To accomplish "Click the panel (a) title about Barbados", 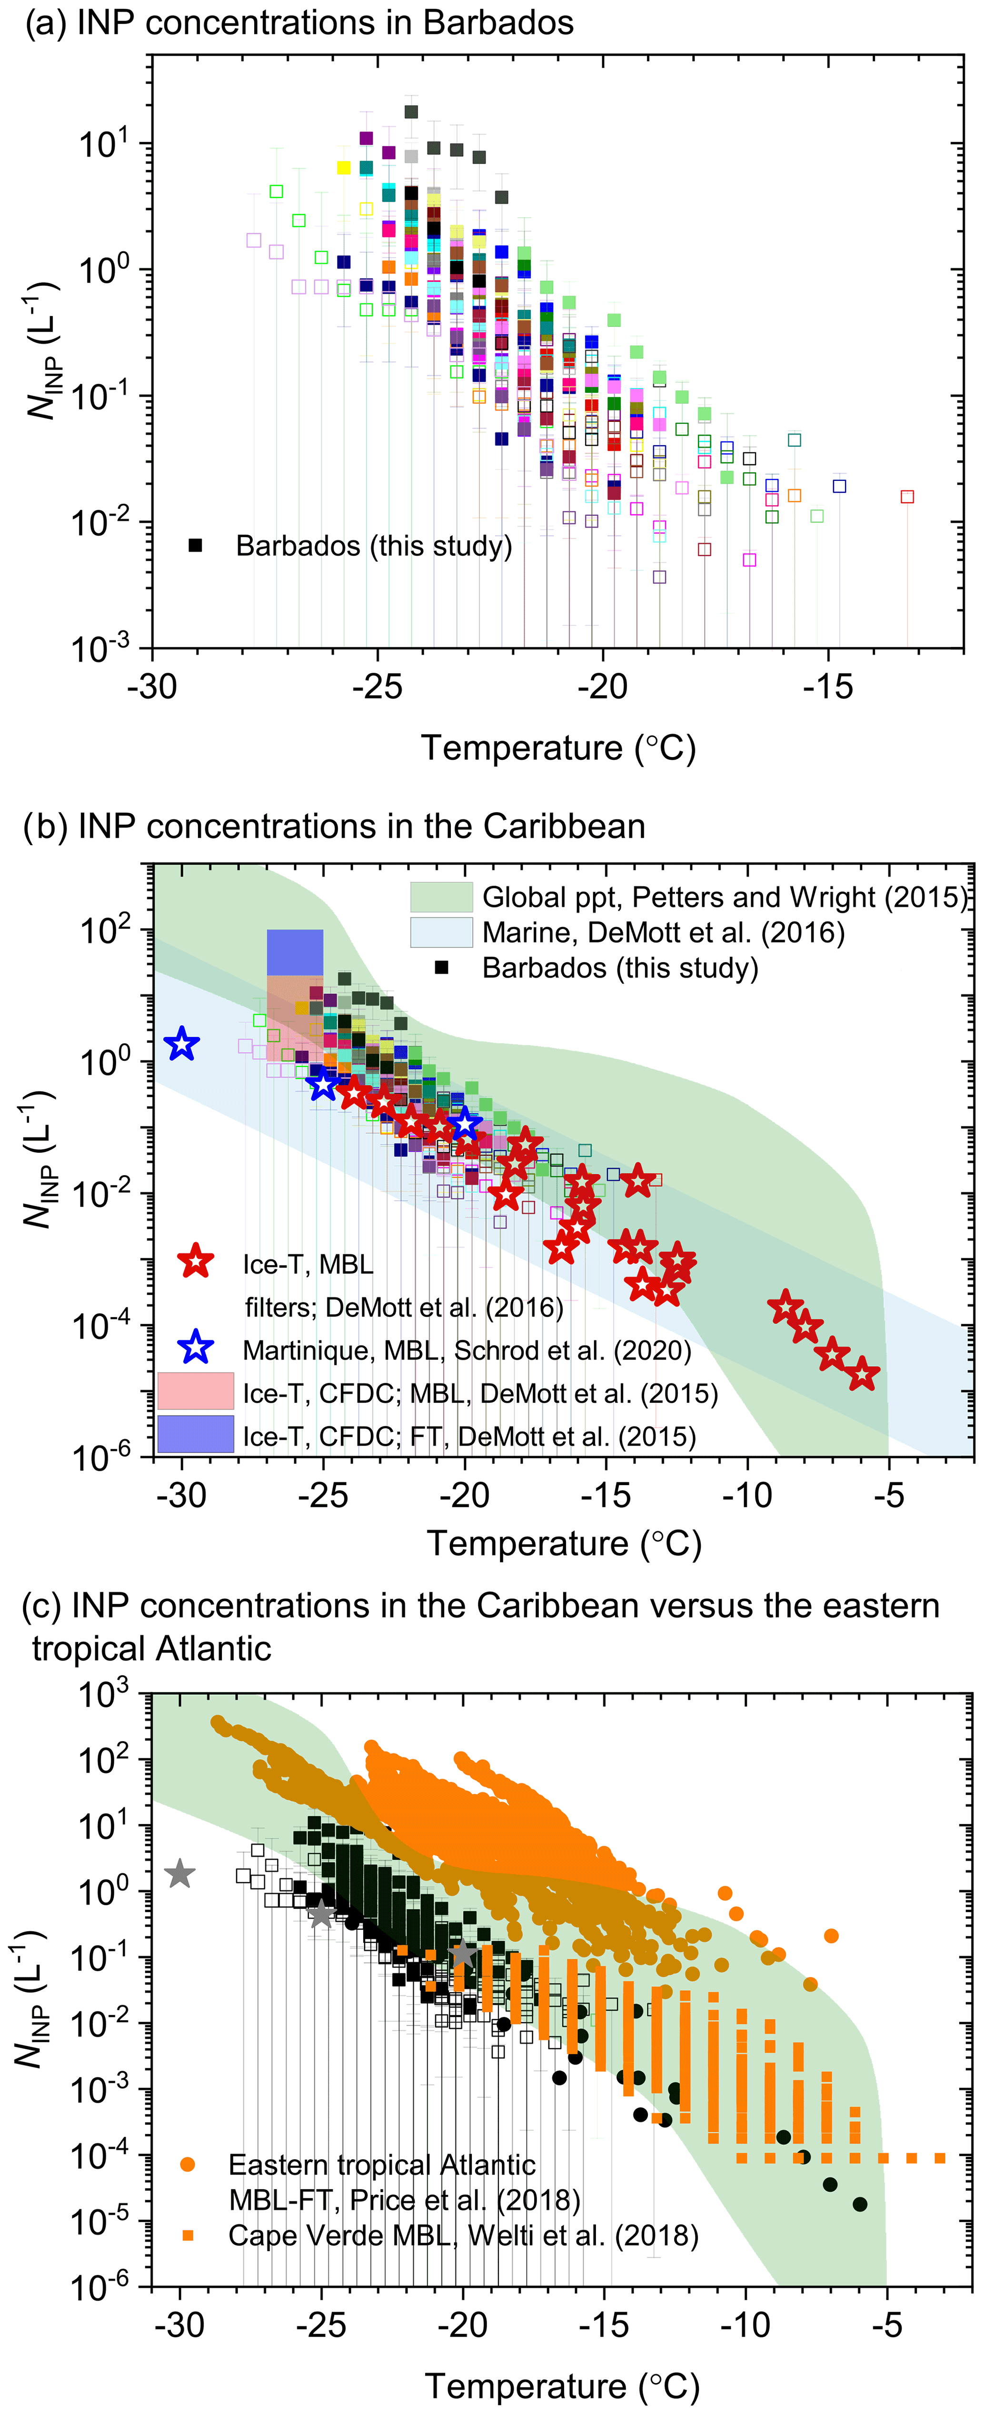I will coord(298,22).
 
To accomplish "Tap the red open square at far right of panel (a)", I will coord(906,497).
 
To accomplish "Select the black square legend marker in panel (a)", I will coord(195,545).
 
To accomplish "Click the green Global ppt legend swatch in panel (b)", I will coord(440,897).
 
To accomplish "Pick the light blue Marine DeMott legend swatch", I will coord(440,932).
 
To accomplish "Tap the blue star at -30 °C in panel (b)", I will coord(182,1044).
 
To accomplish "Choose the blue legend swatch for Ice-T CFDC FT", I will coord(195,1434).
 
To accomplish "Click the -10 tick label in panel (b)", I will coord(747,1495).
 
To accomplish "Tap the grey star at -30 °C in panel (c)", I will coord(180,1873).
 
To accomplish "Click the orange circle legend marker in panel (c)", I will coord(188,2165).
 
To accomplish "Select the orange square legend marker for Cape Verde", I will coord(188,2235).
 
